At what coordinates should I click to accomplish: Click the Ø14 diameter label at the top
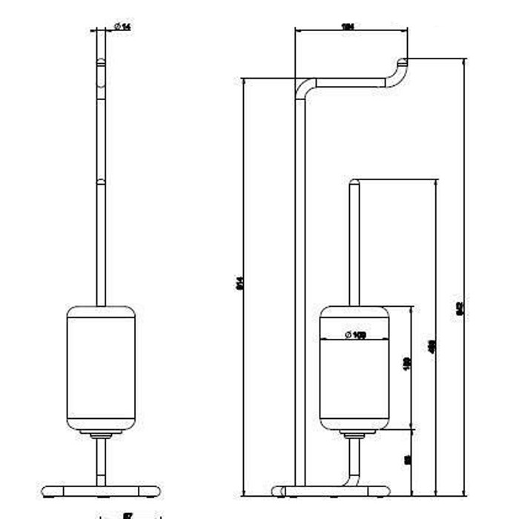pyautogui.click(x=122, y=27)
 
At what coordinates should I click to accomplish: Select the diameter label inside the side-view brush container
pyautogui.click(x=355, y=334)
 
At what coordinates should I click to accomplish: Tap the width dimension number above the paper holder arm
pyautogui.click(x=346, y=27)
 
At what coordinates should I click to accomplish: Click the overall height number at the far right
pyautogui.click(x=460, y=306)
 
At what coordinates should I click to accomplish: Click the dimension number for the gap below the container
pyautogui.click(x=407, y=460)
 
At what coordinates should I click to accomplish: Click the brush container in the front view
pyautogui.click(x=101, y=367)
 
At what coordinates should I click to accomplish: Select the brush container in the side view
pyautogui.click(x=354, y=378)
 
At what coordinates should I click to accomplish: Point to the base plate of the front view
pyautogui.click(x=101, y=491)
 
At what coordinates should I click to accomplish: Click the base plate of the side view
pyautogui.click(x=331, y=490)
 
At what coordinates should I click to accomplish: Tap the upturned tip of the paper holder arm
pyautogui.click(x=403, y=62)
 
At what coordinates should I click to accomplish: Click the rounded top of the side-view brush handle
pyautogui.click(x=354, y=182)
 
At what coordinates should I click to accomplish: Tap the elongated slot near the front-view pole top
pyautogui.click(x=101, y=79)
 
